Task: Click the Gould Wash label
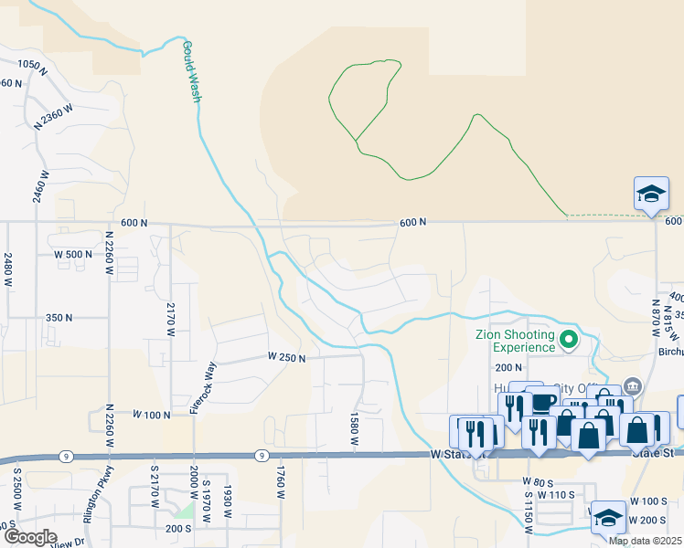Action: tap(190, 70)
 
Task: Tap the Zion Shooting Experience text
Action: tap(515, 341)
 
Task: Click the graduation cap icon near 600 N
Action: tap(651, 194)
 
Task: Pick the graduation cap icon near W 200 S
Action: tap(608, 518)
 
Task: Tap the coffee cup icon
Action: tap(542, 402)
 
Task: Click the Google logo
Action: tap(31, 536)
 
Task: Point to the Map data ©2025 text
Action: tap(644, 541)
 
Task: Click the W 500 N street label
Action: tap(74, 254)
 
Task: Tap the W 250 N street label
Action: tap(286, 357)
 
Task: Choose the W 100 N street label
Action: tap(152, 415)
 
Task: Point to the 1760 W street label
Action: tap(281, 480)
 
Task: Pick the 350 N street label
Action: tap(59, 317)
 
